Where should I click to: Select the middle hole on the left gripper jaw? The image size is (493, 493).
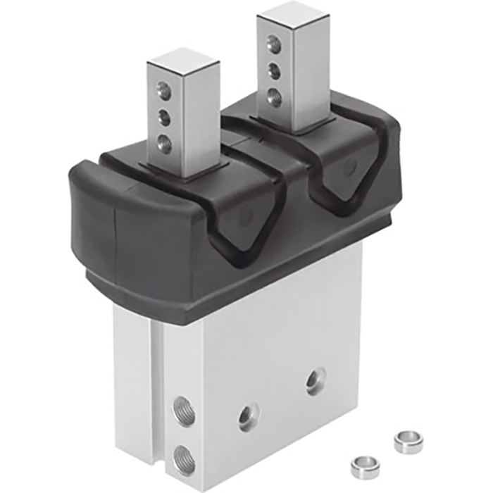coord(164,114)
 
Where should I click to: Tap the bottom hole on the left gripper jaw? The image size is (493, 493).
coord(165,139)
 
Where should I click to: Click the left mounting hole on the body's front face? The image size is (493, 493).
coord(248,417)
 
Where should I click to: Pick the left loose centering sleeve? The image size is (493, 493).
coord(363,466)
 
